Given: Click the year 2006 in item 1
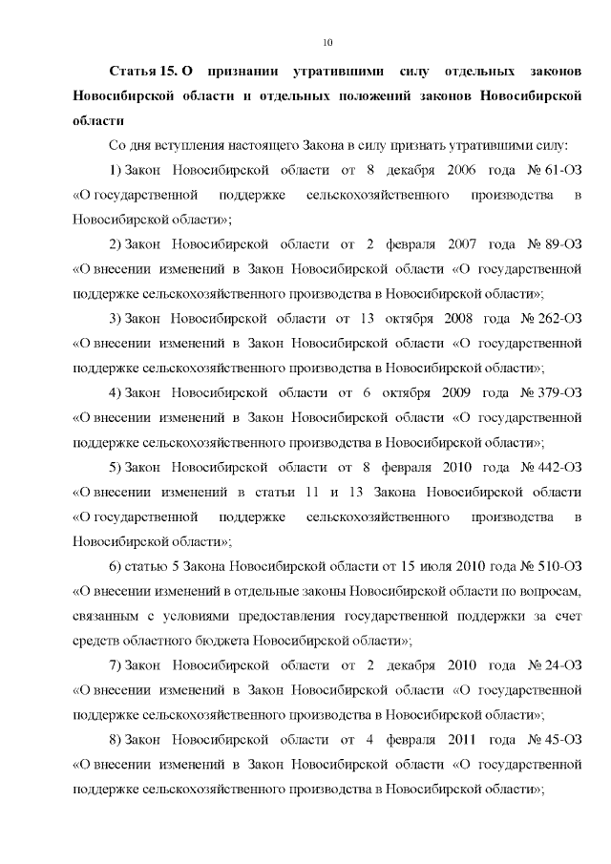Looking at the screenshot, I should (x=462, y=170).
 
